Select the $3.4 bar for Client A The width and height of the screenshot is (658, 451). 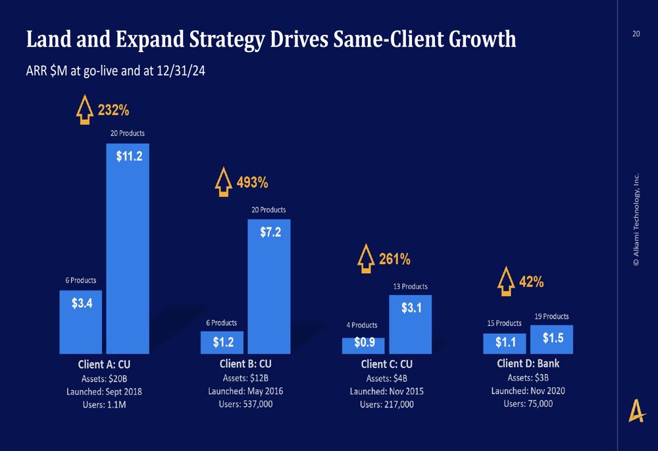81,322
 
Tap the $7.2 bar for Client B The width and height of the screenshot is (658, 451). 269,286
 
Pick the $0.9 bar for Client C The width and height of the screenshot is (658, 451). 363,346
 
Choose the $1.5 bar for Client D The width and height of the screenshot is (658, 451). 551,339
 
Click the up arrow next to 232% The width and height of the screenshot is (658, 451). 85,110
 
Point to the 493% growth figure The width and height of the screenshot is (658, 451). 252,182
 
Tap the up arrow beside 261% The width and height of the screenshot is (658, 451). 365,259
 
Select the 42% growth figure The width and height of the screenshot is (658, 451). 531,282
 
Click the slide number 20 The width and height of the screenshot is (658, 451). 636,34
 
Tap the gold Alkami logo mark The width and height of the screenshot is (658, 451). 636,411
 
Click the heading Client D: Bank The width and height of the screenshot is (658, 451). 528,363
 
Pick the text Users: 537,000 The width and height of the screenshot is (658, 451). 245,404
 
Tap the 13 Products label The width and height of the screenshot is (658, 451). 410,286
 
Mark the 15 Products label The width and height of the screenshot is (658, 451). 504,323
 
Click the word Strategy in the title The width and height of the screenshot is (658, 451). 218,40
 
